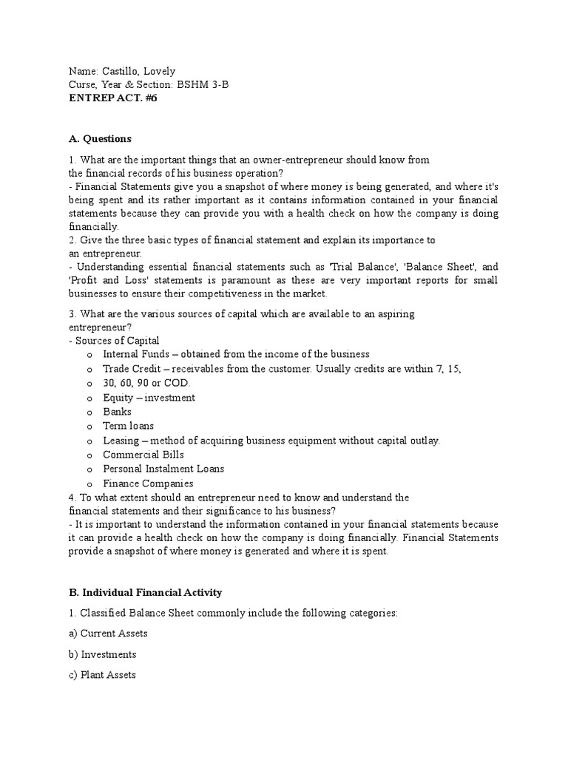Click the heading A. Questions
100,138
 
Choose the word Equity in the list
118,398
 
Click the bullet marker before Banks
89,412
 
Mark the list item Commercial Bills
143,455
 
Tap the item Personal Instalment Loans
163,469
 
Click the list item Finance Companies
148,483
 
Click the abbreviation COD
177,383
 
